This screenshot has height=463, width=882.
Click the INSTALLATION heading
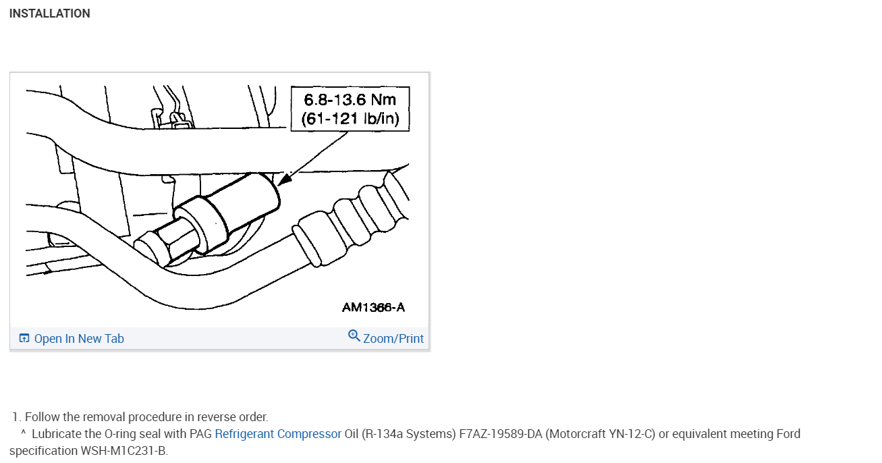point(50,13)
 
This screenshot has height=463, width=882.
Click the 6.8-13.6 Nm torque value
point(350,100)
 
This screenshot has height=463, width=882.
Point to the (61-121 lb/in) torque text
point(350,118)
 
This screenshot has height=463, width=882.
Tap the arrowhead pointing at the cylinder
point(284,179)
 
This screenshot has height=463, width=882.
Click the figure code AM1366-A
point(373,307)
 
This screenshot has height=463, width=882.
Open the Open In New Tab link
point(79,339)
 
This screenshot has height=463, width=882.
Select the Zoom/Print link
point(393,339)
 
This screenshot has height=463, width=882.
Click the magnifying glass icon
point(354,336)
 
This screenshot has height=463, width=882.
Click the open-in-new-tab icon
point(24,338)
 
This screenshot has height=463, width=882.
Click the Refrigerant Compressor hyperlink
point(278,433)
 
